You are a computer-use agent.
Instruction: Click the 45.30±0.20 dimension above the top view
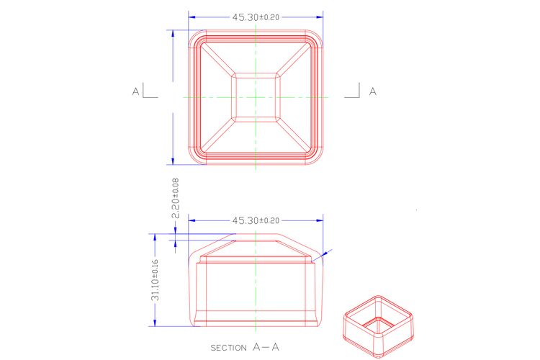click(256, 17)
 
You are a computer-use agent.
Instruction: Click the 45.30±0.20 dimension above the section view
click(256, 220)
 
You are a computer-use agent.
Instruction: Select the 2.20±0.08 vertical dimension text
click(175, 198)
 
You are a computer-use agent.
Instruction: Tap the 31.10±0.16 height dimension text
click(155, 280)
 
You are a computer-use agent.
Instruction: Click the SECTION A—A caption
click(245, 347)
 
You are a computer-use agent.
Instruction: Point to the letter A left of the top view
click(135, 91)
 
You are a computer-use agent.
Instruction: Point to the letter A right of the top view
click(373, 91)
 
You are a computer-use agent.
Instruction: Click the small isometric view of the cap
click(379, 326)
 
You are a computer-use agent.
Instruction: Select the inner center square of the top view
click(256, 97)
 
